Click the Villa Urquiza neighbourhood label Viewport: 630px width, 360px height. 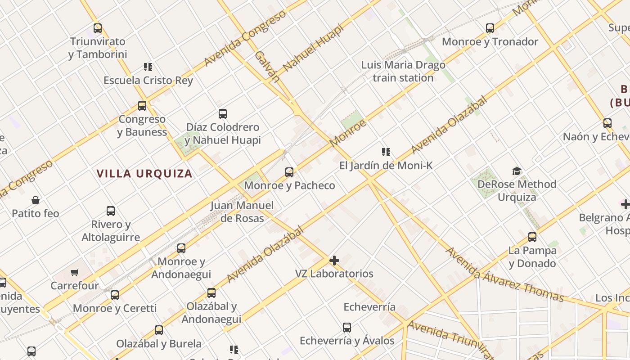(144, 173)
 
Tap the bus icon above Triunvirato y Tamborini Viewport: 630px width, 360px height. (98, 28)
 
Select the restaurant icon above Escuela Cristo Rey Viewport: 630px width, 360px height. (148, 67)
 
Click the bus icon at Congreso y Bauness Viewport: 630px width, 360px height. (142, 106)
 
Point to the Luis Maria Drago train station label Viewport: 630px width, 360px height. (403, 71)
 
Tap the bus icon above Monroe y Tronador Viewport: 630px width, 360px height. (490, 28)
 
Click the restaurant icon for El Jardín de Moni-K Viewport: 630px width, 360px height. (386, 152)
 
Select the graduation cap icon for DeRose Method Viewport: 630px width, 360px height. (517, 171)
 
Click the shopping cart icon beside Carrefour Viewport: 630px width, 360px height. (75, 272)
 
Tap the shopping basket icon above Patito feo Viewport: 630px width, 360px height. (36, 200)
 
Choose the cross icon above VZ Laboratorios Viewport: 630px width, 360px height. (334, 261)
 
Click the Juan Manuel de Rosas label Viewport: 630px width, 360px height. (242, 211)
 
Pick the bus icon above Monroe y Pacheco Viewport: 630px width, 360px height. (289, 172)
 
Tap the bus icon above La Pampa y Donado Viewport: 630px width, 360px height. (532, 237)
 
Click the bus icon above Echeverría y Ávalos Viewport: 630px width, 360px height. (346, 327)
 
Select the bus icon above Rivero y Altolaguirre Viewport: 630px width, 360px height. (111, 211)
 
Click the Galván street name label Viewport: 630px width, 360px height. (267, 67)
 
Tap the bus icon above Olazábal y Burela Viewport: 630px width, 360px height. (159, 330)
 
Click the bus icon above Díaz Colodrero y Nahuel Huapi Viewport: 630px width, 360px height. (223, 113)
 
